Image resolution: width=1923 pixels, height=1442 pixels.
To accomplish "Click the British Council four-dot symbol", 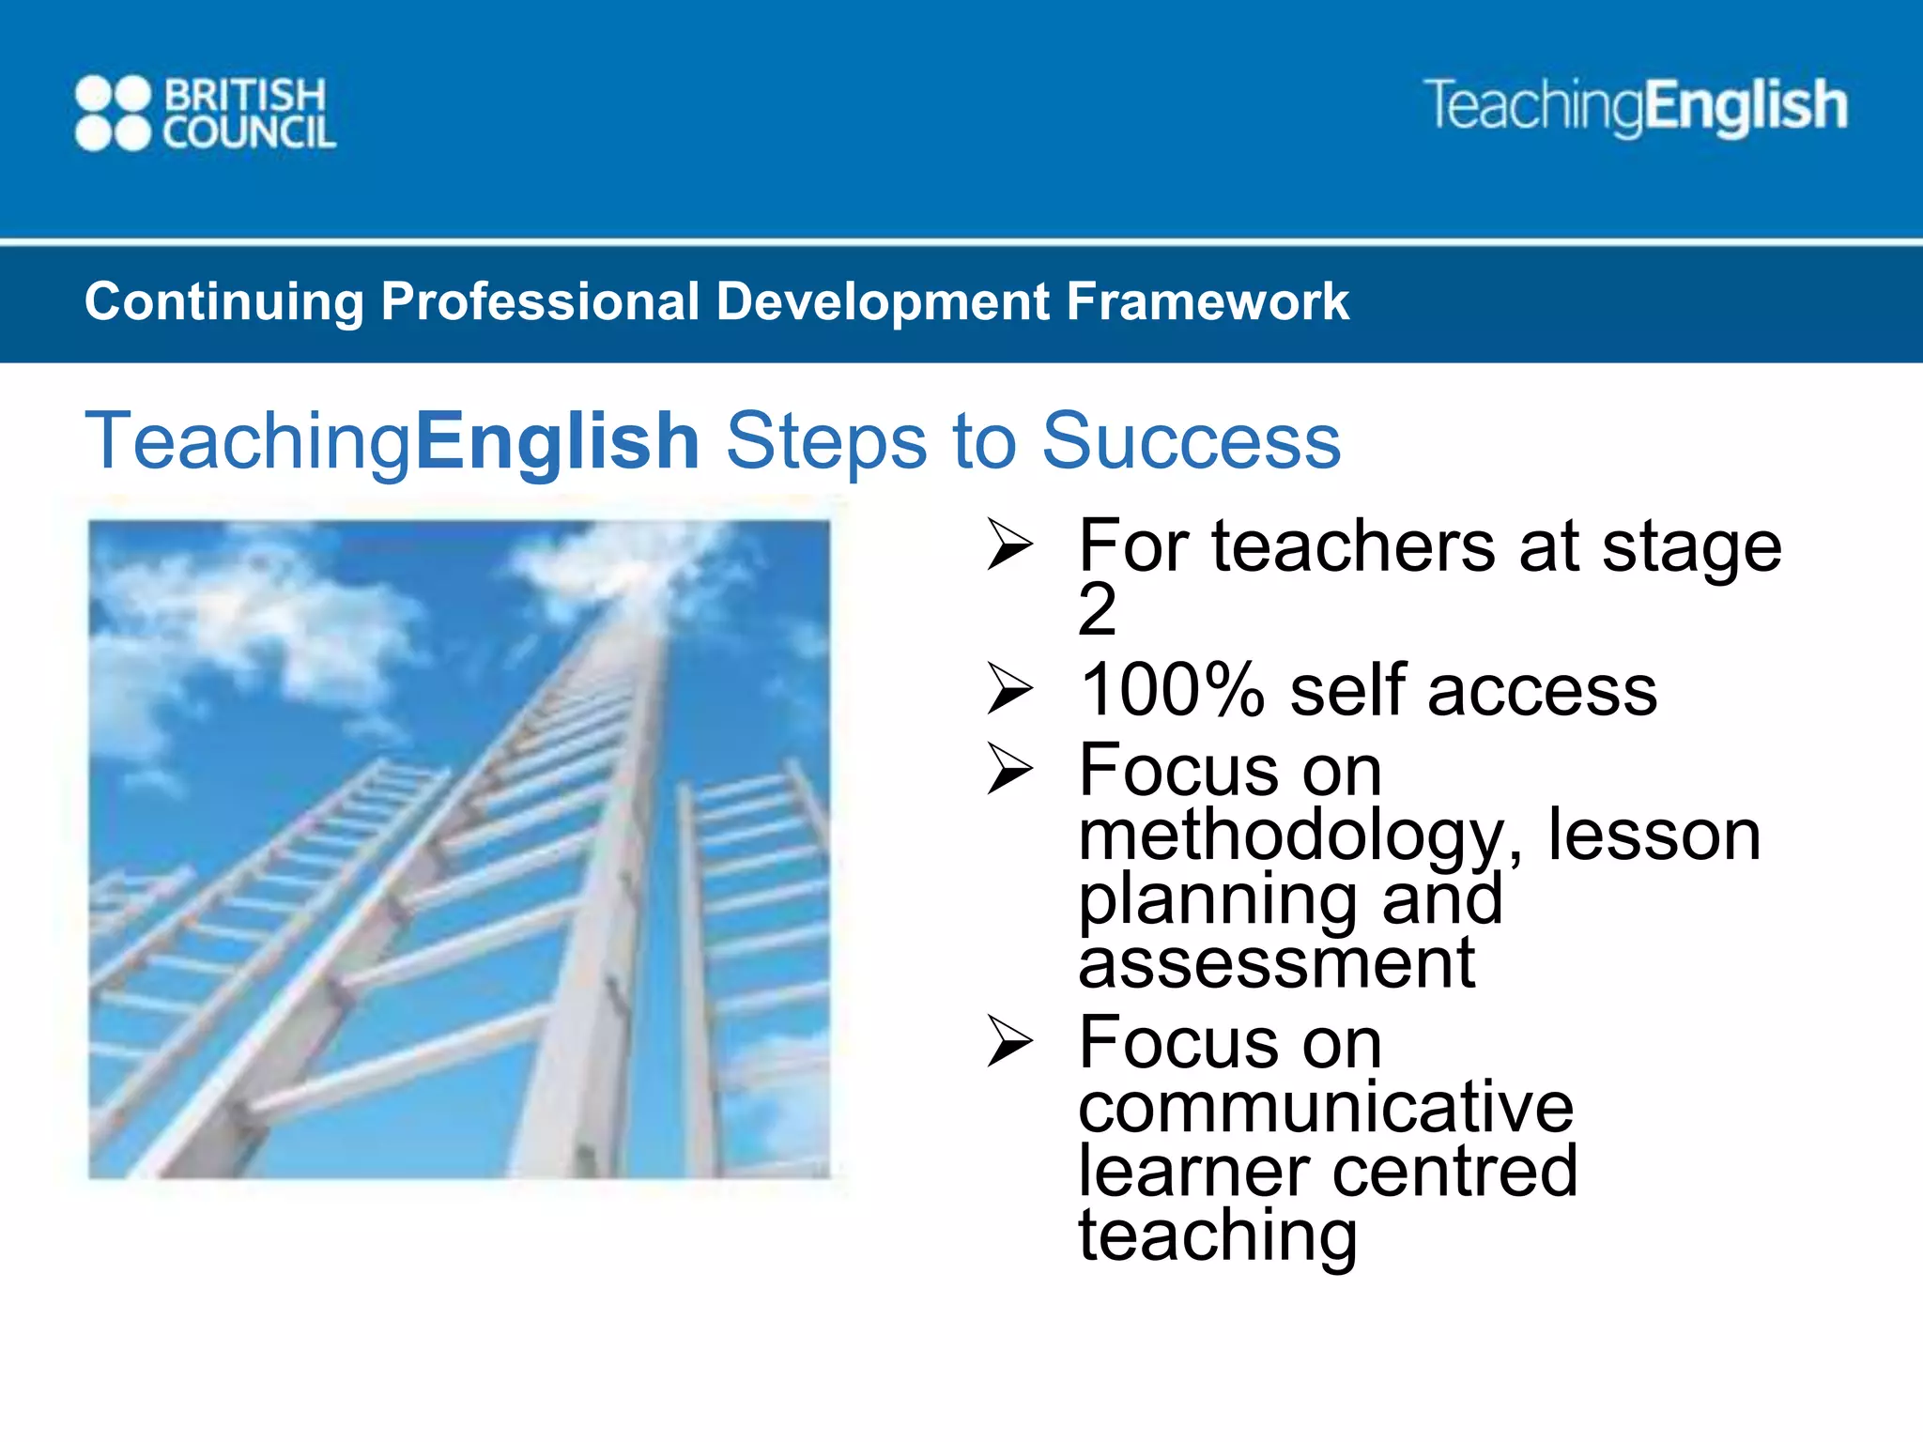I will (x=113, y=113).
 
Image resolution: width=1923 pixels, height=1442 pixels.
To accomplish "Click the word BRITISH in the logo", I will (x=246, y=95).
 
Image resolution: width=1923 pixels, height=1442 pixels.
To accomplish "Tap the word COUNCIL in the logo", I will (x=249, y=133).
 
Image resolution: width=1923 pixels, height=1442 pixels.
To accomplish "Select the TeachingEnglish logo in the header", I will (x=1635, y=106).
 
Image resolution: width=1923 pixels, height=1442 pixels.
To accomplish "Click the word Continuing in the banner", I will (x=223, y=302).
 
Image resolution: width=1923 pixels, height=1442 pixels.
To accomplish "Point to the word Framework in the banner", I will (x=1208, y=302).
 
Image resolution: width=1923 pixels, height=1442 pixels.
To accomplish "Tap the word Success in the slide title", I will (x=1191, y=440).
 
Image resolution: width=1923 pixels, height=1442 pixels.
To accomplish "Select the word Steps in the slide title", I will (x=825, y=440).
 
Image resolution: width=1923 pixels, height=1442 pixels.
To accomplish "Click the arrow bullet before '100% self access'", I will (x=1009, y=691).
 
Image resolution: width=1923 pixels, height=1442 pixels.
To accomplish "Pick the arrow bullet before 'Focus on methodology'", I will (x=1009, y=771).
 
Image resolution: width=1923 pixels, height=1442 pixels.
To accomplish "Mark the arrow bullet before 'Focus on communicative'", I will (x=1009, y=1044).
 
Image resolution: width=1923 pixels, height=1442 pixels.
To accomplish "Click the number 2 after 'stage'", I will (x=1097, y=610).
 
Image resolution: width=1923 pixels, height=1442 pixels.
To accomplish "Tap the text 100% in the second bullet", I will (x=1172, y=691).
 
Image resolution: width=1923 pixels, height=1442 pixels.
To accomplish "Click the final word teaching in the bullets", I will (x=1218, y=1236).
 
